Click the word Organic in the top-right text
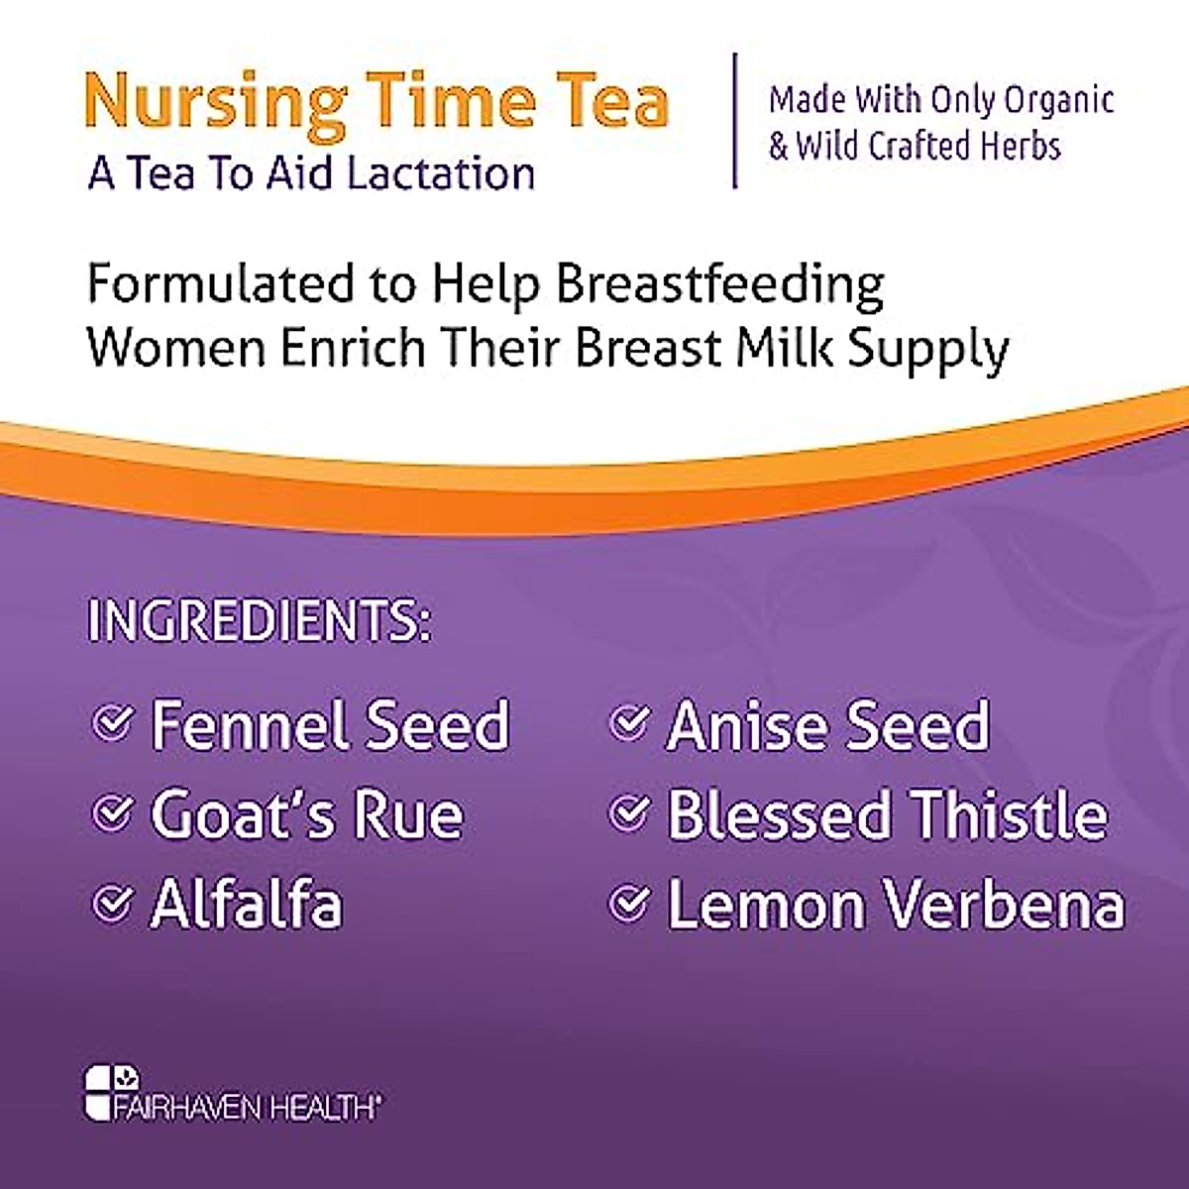tap(1059, 100)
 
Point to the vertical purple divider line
tap(734, 120)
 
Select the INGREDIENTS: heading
tap(259, 620)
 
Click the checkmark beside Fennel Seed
tap(112, 722)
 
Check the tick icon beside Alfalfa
tap(112, 903)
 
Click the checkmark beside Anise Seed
tap(628, 722)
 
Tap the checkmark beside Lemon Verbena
tap(628, 903)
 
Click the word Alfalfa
tap(247, 904)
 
